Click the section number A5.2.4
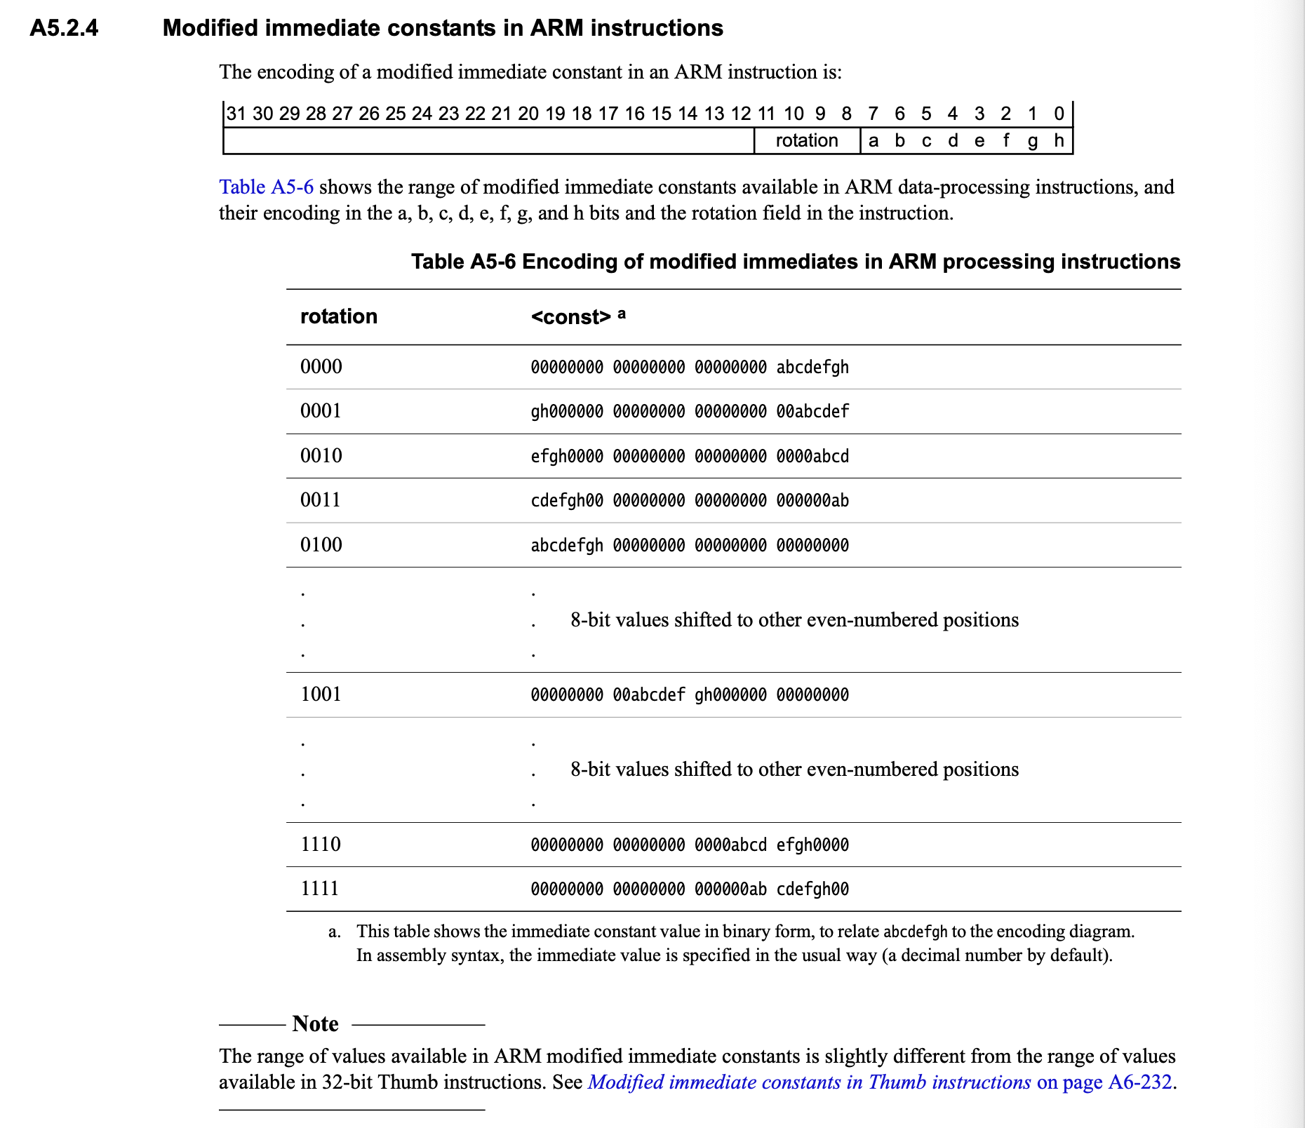[64, 29]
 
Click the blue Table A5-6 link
[266, 187]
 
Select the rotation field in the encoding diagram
[806, 141]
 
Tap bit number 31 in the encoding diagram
[236, 114]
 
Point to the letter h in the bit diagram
[1059, 141]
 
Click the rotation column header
[338, 316]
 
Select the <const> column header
[571, 317]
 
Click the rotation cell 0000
[321, 367]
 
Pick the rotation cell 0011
[320, 500]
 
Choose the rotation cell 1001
[320, 694]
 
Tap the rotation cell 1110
[320, 844]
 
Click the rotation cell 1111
[319, 889]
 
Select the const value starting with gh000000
[689, 412]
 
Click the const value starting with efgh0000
[689, 457]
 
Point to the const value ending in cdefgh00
[689, 889]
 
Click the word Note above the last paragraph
[315, 1024]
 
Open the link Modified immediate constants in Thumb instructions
[809, 1082]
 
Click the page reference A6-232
[1139, 1082]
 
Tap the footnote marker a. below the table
[335, 932]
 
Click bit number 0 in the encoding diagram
[1059, 114]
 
